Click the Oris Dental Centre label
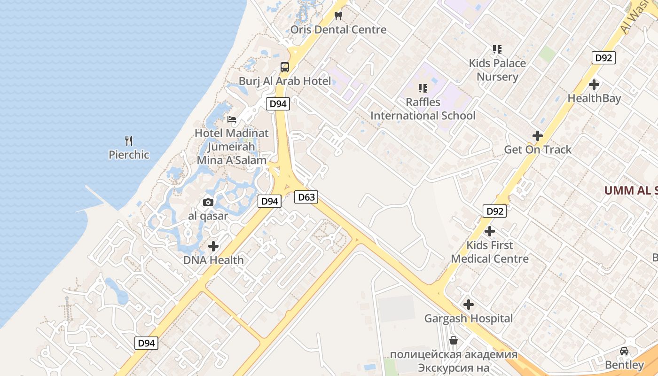[338, 30]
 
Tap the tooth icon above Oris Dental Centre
[338, 16]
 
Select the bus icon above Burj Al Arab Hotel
[285, 67]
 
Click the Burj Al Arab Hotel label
[285, 81]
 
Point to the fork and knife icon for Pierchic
[129, 141]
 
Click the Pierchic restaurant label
[129, 155]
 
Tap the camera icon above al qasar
[208, 203]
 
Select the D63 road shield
[306, 197]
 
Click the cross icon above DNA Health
[213, 246]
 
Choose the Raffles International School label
[423, 109]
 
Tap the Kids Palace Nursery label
[497, 70]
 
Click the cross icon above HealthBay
[594, 85]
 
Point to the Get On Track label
[538, 149]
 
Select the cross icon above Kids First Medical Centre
[490, 231]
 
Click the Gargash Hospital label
[469, 318]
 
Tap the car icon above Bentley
[624, 351]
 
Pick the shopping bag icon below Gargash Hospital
[454, 340]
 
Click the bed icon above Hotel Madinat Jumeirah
[232, 119]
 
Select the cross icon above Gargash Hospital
[469, 305]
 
